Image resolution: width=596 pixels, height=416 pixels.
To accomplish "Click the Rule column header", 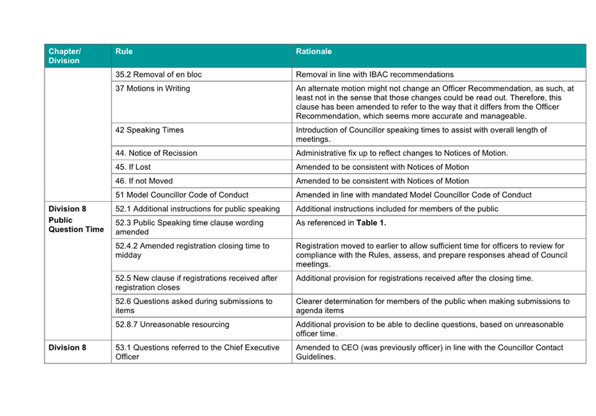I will coord(124,51).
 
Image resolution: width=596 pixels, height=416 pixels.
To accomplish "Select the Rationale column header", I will coord(314,51).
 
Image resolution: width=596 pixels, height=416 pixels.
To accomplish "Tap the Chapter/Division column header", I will coord(64,56).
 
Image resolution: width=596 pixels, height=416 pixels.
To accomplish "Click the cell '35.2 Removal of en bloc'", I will coord(159,74).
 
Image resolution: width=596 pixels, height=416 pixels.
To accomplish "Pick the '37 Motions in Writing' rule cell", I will coord(153,88).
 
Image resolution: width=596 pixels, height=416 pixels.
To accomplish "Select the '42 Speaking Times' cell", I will coord(150,130).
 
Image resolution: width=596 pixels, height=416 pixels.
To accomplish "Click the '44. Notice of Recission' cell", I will coord(156,153).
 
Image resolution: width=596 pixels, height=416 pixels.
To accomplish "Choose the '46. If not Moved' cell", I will coord(143,181).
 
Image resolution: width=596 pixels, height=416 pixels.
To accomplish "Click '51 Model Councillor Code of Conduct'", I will coord(182,195).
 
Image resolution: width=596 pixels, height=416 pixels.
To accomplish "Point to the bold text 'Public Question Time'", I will coord(76,225).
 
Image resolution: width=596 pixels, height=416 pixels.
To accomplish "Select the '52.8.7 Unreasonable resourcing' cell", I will coord(173,324).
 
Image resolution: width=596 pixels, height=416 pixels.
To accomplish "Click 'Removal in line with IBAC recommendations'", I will coord(375,74).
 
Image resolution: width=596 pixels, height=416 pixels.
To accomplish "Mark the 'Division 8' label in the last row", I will coord(68,348).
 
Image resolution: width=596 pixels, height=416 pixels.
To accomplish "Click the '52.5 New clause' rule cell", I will coord(196,283).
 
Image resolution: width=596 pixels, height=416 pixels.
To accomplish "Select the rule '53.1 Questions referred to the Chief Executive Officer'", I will coord(197,352).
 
